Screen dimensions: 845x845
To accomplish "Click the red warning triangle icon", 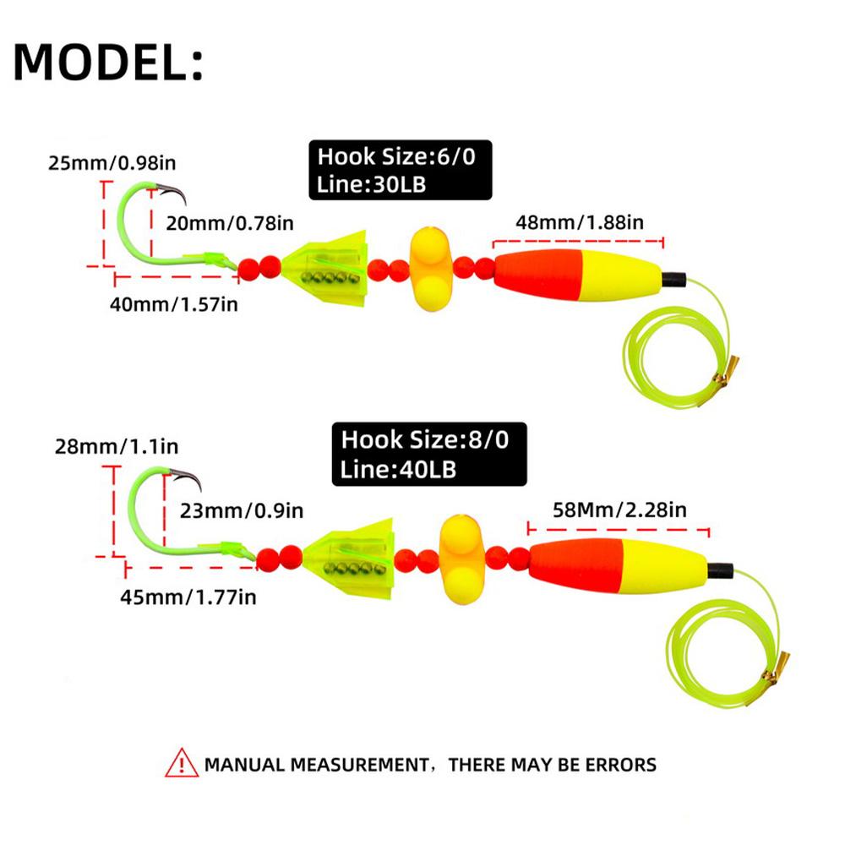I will coord(182,764).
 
